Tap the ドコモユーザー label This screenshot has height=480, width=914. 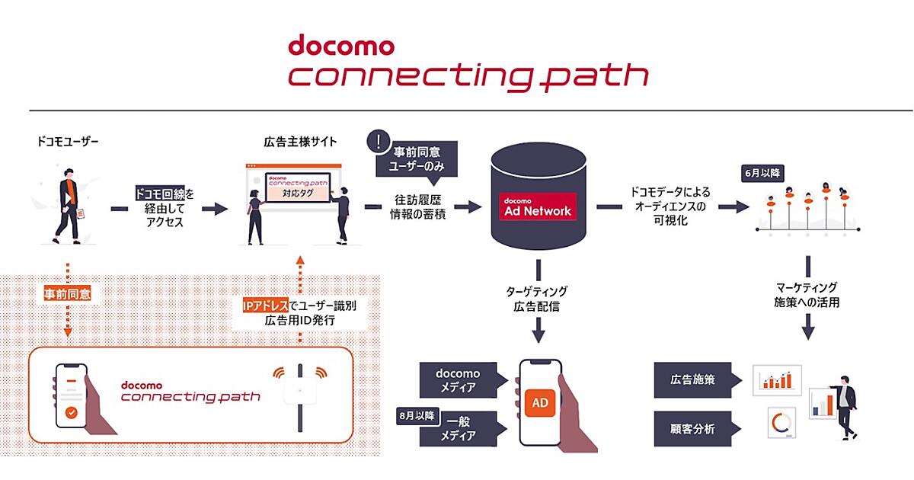(x=68, y=142)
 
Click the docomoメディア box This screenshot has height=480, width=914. (x=458, y=379)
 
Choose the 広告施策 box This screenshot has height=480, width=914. (x=692, y=379)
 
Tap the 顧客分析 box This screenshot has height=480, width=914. (x=692, y=429)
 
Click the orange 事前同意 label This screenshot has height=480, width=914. (x=69, y=293)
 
